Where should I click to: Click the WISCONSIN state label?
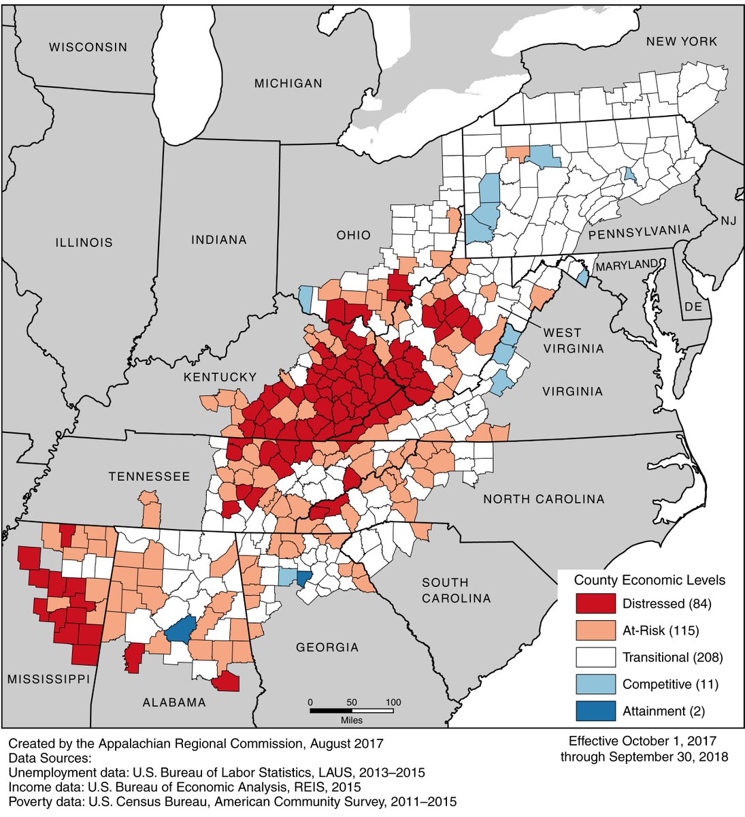(x=88, y=47)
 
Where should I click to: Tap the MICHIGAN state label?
(x=288, y=83)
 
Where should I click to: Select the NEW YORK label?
(x=681, y=42)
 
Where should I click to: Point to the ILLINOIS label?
(x=84, y=242)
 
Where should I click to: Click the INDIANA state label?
(x=218, y=240)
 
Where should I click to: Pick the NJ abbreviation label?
(x=729, y=221)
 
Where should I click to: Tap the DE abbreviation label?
(x=693, y=307)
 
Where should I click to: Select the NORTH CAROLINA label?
(x=543, y=499)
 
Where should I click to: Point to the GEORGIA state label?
(x=327, y=647)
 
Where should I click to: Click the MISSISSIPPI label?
(x=48, y=679)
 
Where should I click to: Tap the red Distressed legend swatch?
(x=595, y=604)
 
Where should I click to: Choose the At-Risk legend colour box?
(x=595, y=630)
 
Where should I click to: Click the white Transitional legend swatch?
(x=595, y=657)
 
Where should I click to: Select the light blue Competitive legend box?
(x=595, y=684)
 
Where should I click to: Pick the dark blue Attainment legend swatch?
(x=595, y=711)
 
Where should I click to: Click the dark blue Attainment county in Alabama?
(x=180, y=630)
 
